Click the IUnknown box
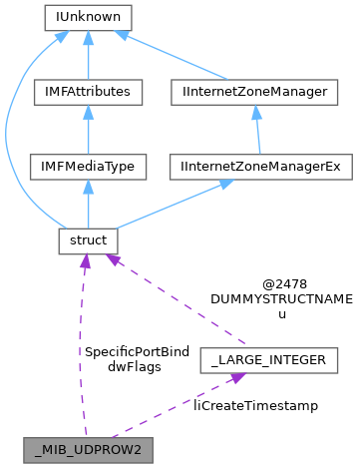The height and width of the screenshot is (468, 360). [x=88, y=18]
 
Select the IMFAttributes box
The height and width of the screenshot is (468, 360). [x=88, y=93]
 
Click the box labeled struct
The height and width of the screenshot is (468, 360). [x=88, y=241]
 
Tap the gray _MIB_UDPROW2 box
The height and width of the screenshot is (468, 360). [x=89, y=449]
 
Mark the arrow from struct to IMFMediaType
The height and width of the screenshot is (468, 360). [x=88, y=205]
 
